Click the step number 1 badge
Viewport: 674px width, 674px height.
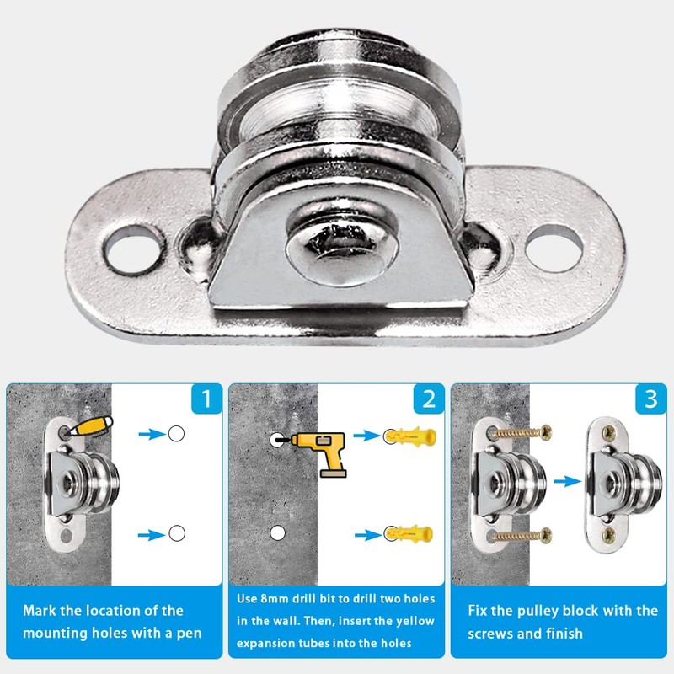pyautogui.click(x=206, y=399)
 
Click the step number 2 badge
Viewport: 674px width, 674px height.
pyautogui.click(x=428, y=399)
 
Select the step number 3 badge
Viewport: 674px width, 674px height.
pyautogui.click(x=650, y=399)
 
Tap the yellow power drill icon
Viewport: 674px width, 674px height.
pyautogui.click(x=322, y=454)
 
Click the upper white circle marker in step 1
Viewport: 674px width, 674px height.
pyautogui.click(x=175, y=434)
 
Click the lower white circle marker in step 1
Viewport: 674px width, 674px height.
pyautogui.click(x=175, y=533)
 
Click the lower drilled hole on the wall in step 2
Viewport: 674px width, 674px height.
pyautogui.click(x=275, y=533)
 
